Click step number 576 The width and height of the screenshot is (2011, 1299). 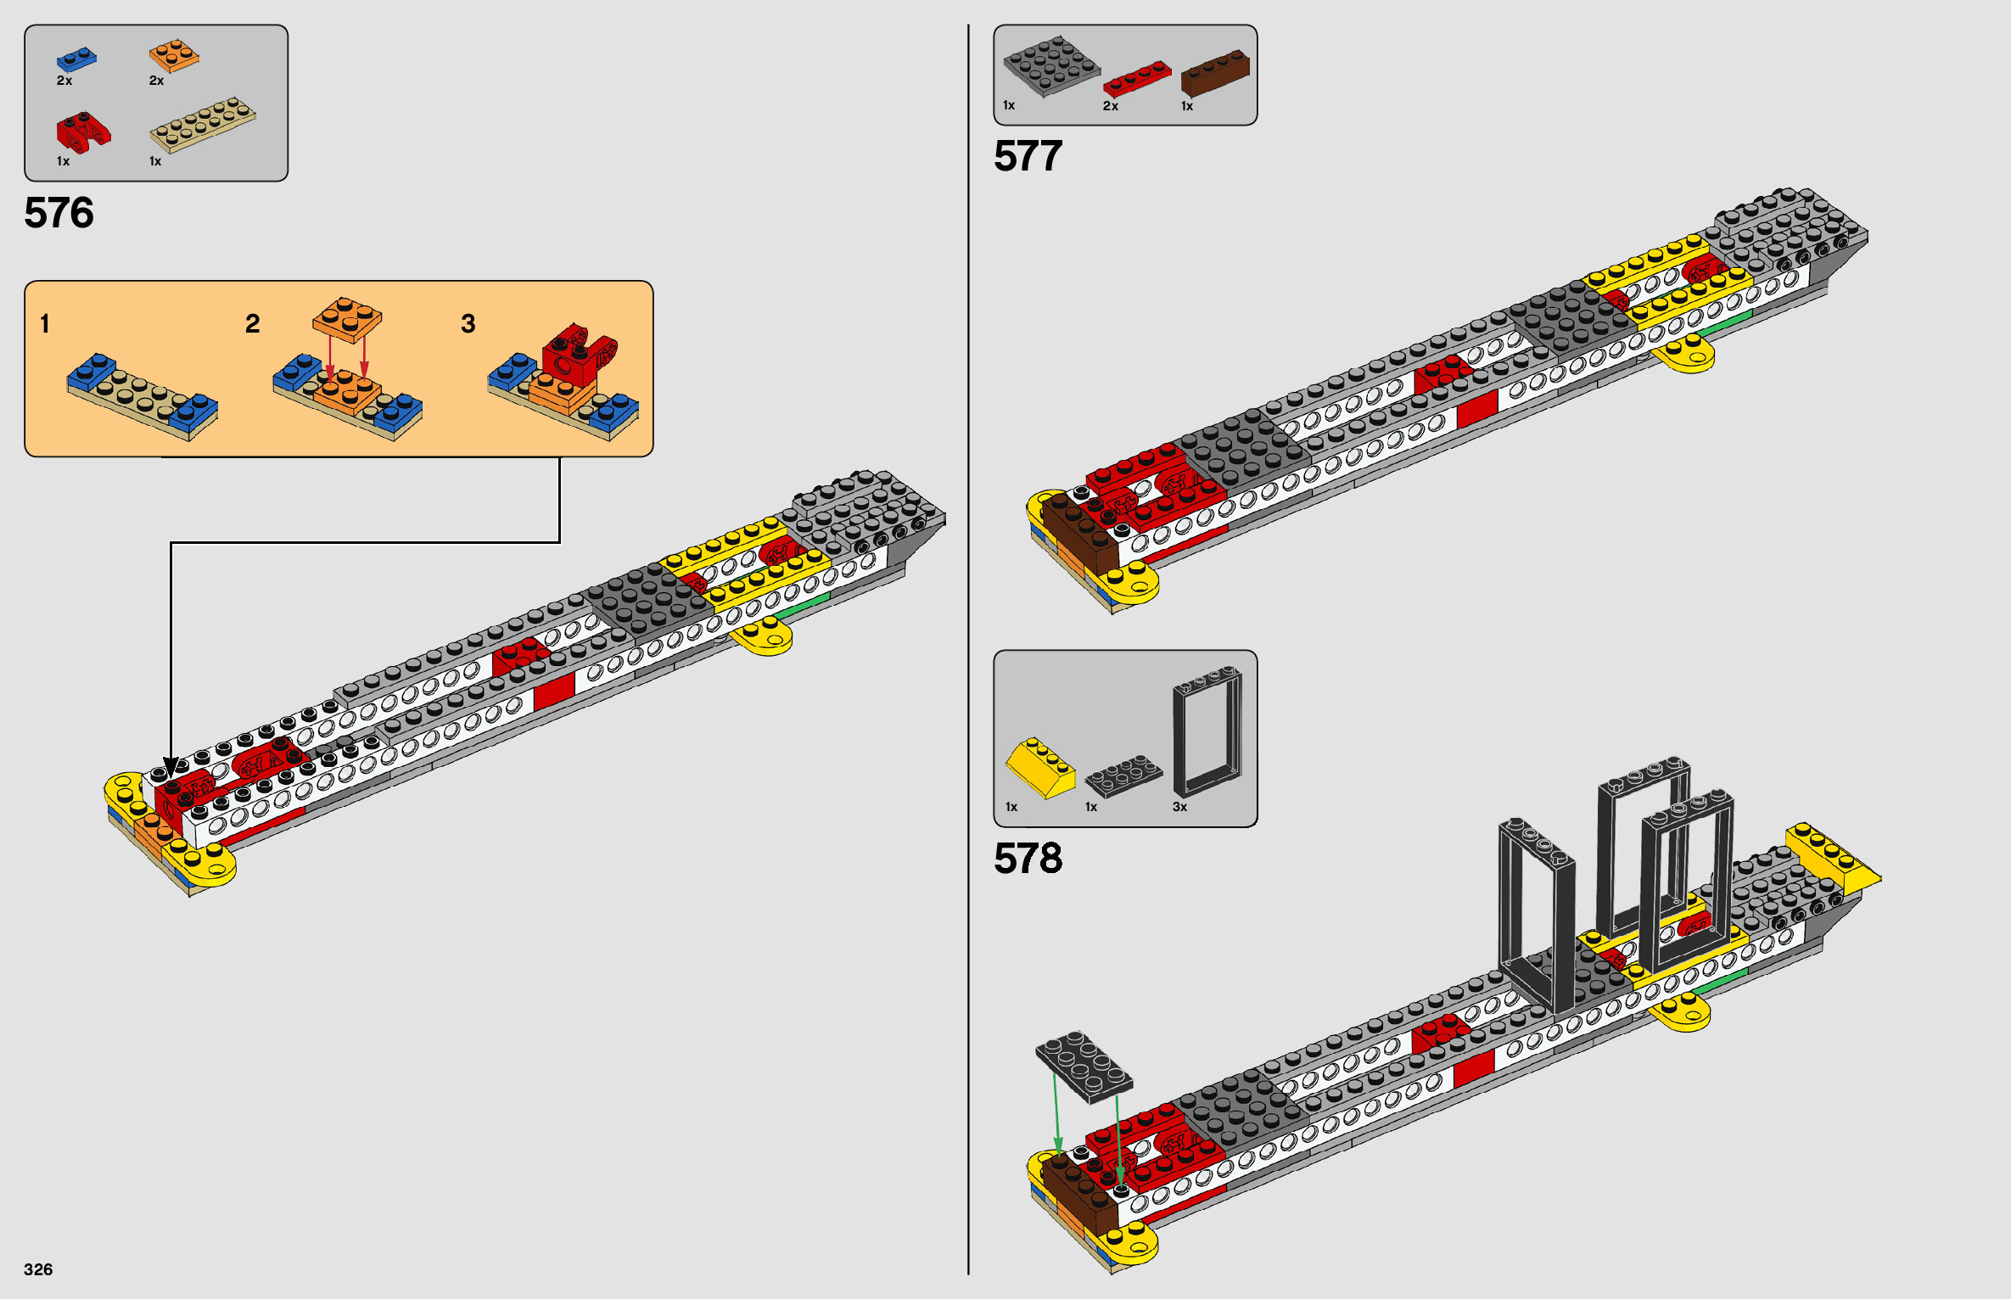click(x=59, y=213)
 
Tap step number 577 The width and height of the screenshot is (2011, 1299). click(x=1028, y=157)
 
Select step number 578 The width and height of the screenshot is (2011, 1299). click(x=1028, y=859)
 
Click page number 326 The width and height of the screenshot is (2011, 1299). click(x=38, y=1269)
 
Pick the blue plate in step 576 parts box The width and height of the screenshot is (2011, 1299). click(x=76, y=59)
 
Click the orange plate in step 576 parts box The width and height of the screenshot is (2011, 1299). click(x=174, y=56)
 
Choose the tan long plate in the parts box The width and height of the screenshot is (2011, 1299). click(x=203, y=123)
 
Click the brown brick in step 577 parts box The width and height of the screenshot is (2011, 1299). click(x=1215, y=73)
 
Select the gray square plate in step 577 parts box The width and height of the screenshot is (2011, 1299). click(x=1051, y=64)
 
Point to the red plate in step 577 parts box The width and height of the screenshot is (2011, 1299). click(x=1136, y=79)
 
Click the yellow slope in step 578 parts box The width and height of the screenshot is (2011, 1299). click(x=1039, y=767)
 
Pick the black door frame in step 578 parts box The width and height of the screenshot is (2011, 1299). click(x=1207, y=731)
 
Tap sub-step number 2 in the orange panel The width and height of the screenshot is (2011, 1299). click(x=252, y=324)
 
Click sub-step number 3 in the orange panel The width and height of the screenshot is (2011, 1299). click(x=468, y=324)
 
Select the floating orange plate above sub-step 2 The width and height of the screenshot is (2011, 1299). click(x=347, y=318)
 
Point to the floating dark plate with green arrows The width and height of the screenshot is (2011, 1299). click(x=1084, y=1067)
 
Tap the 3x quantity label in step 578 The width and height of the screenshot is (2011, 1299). click(x=1179, y=807)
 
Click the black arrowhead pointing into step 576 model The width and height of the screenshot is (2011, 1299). click(x=171, y=767)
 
